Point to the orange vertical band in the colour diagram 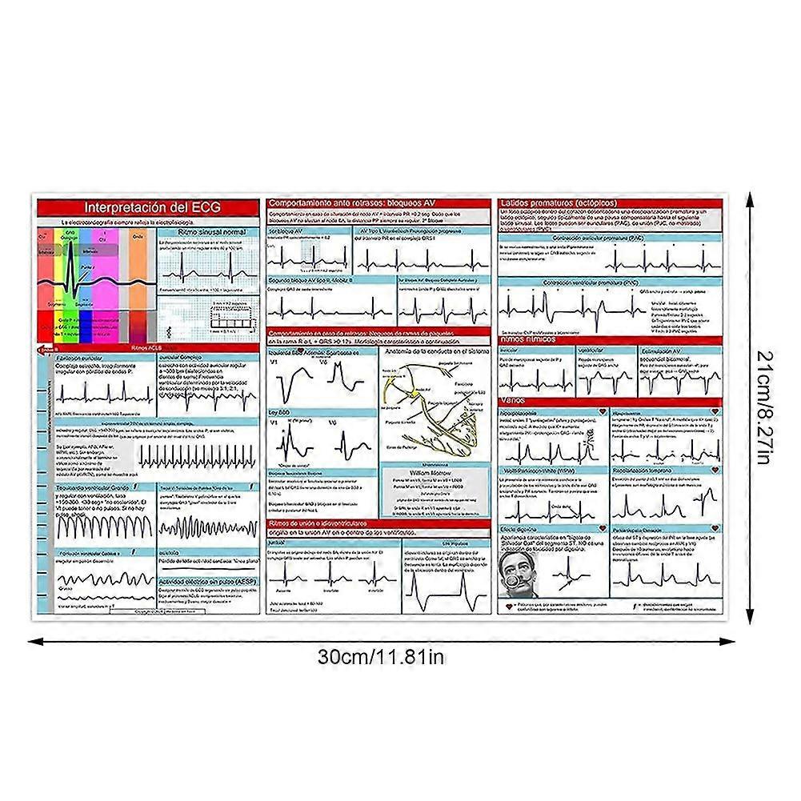tap(138, 272)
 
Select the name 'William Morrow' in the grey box tap(431, 472)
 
